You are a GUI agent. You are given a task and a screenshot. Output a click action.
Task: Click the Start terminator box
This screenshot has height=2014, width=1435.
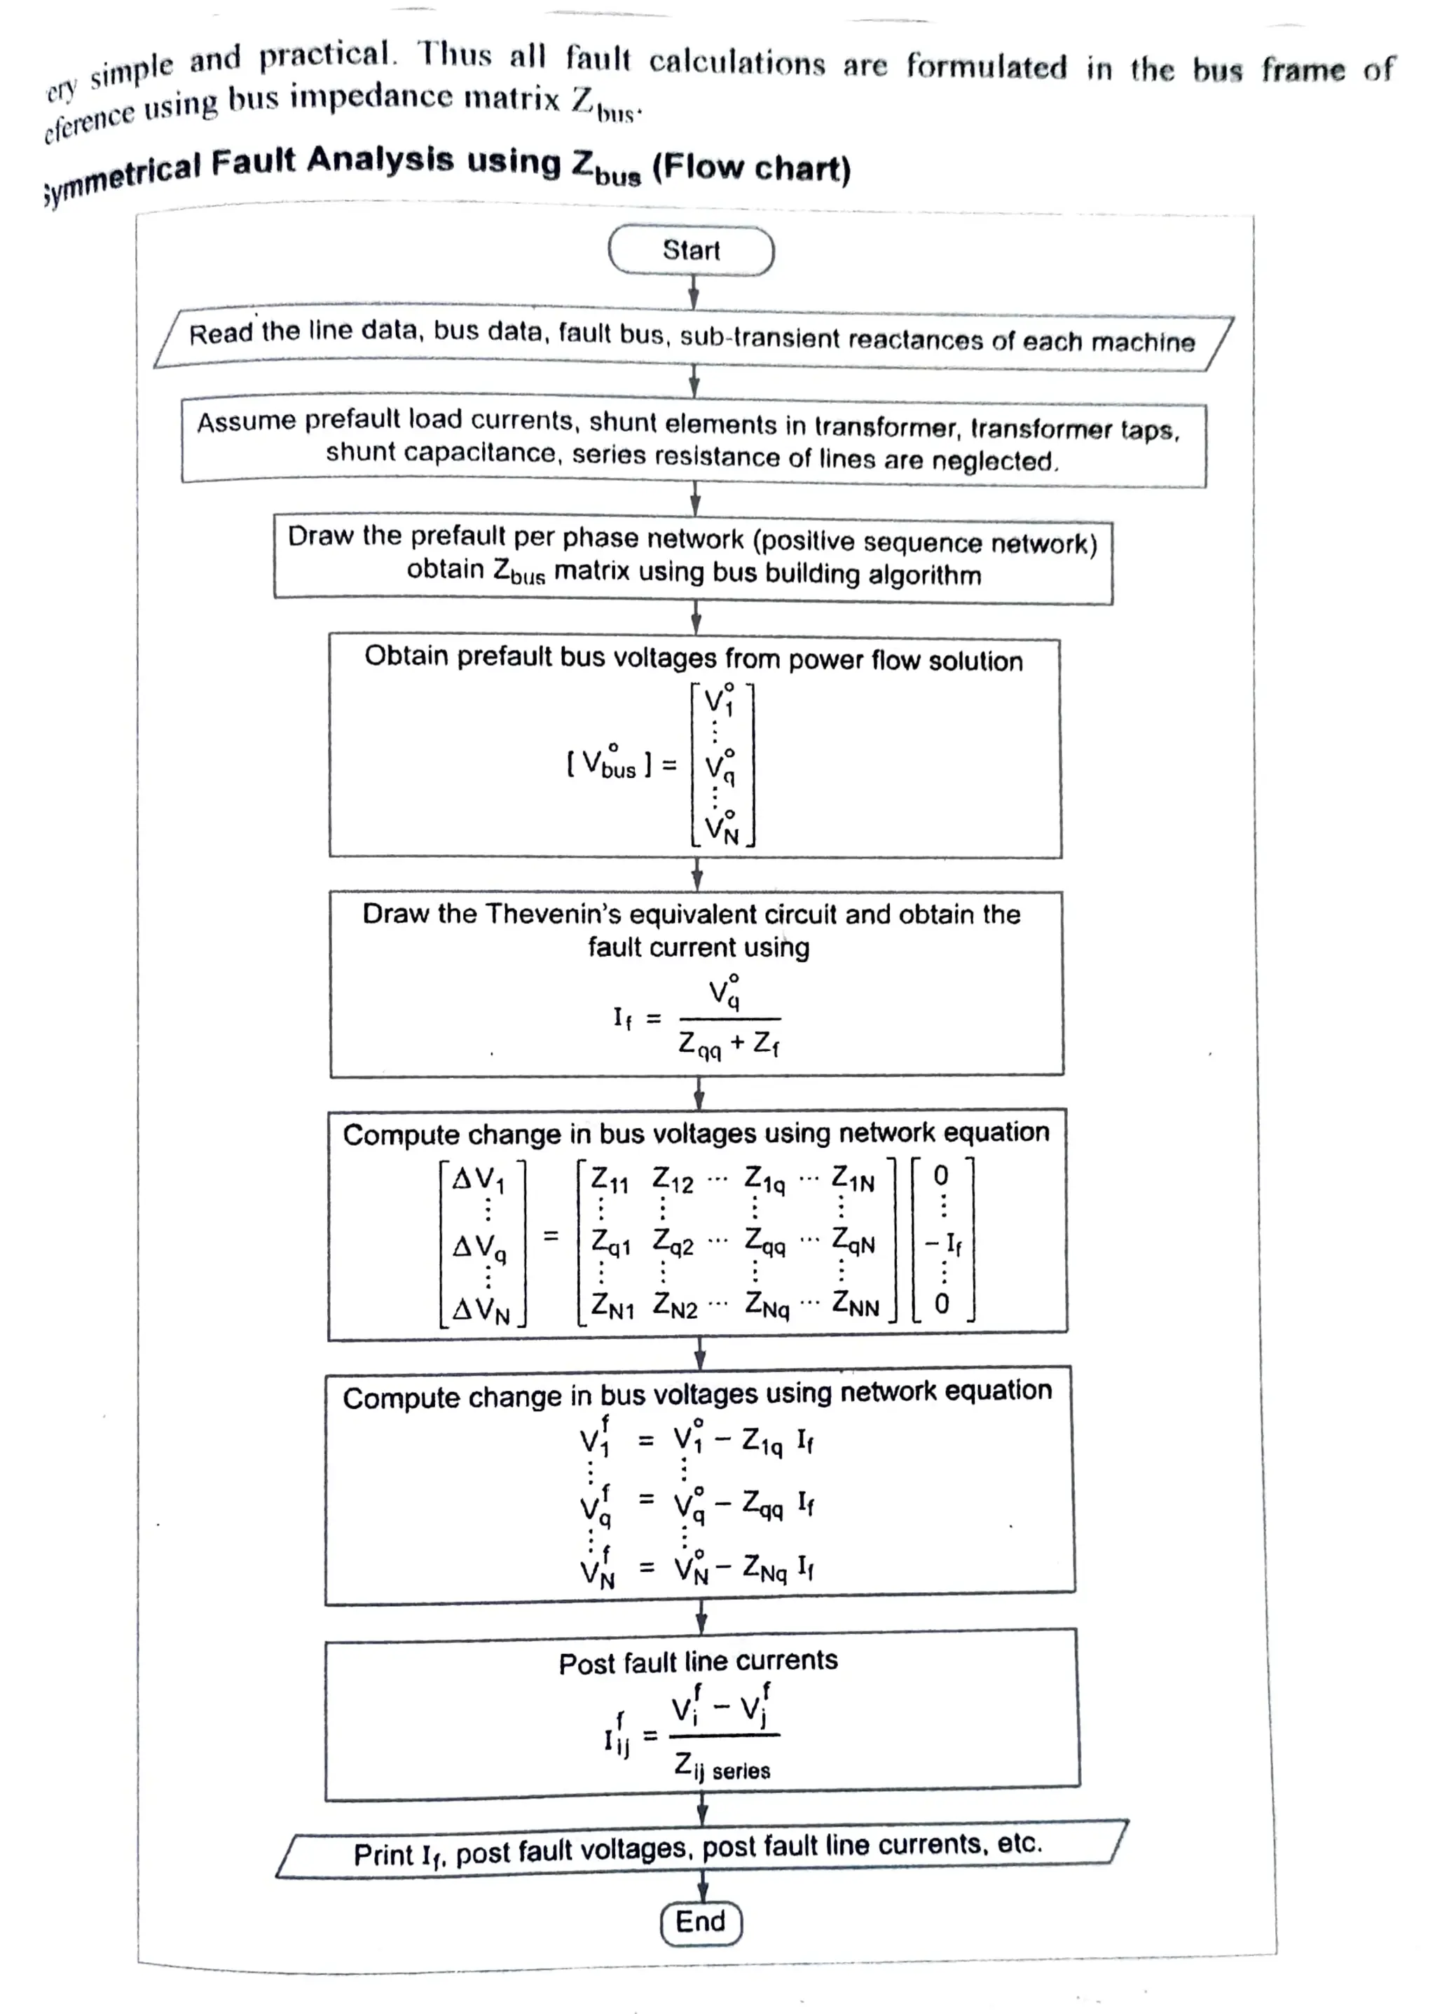[691, 251]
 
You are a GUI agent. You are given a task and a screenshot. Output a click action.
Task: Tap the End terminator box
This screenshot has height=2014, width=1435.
[701, 1921]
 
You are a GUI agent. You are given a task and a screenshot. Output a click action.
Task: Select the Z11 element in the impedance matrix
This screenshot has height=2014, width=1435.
[609, 1180]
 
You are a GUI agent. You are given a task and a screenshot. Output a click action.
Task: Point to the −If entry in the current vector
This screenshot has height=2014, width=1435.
[943, 1243]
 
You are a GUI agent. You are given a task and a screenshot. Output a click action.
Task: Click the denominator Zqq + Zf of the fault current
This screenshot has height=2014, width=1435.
[729, 1045]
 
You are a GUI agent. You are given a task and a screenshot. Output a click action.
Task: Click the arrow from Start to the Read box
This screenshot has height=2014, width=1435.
[694, 292]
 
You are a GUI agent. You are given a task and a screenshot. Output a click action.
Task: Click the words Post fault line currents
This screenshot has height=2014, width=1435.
[698, 1662]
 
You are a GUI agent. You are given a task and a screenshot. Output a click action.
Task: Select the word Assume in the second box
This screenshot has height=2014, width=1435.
[247, 422]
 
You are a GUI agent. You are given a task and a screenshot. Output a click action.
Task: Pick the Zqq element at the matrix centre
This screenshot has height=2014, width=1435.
[764, 1242]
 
